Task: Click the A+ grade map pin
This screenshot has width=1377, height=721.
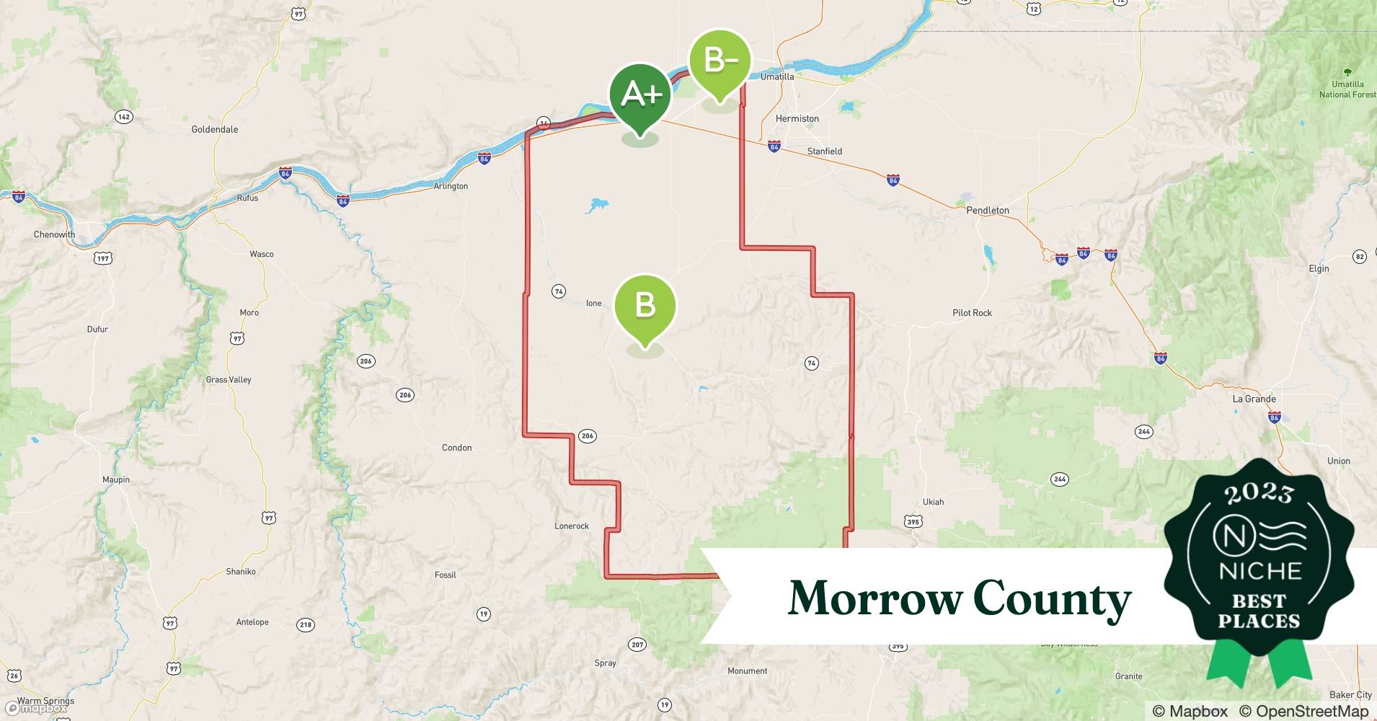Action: [640, 96]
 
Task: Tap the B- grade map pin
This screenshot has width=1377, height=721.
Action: [720, 61]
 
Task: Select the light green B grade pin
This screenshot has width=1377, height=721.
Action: [645, 306]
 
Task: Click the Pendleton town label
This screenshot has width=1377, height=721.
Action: [987, 211]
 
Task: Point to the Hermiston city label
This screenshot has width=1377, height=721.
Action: [797, 119]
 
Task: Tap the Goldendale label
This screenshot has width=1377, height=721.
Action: [214, 130]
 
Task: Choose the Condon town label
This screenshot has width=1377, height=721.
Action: [456, 448]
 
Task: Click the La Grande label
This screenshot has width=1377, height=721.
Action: [1254, 399]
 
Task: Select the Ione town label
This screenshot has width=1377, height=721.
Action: [593, 304]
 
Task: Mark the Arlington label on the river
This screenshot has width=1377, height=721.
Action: [451, 186]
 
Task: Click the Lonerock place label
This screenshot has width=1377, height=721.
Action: [571, 526]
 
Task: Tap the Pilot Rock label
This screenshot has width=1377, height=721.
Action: [972, 313]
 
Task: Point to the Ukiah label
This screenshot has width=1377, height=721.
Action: [933, 502]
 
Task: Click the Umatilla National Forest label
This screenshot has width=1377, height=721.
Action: [1347, 89]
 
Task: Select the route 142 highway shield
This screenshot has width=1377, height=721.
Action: [124, 117]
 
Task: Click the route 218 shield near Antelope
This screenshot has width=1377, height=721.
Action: [306, 624]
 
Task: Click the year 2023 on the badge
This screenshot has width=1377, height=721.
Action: [1258, 492]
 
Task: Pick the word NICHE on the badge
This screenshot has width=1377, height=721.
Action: [1259, 571]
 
